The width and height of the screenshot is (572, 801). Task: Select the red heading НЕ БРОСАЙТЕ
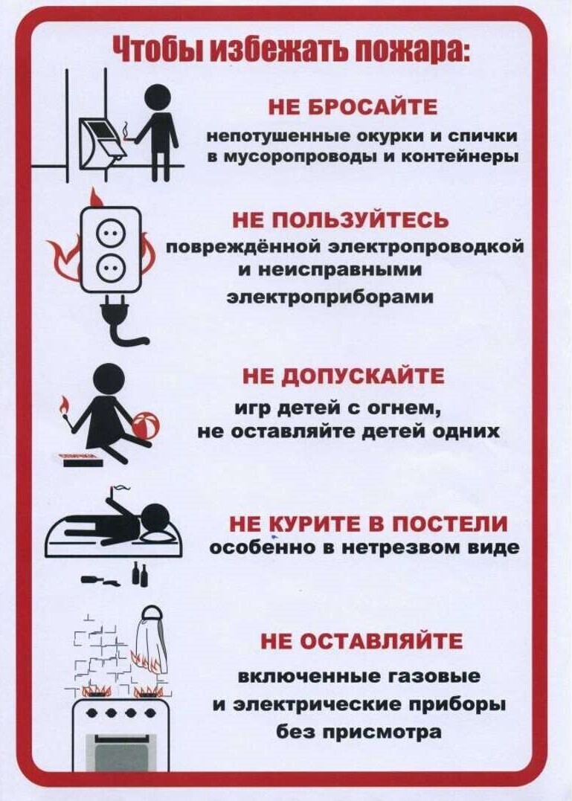coord(353,108)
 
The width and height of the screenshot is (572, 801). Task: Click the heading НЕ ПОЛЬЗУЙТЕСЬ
coord(341,220)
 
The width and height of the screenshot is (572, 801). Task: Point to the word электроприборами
coord(330,297)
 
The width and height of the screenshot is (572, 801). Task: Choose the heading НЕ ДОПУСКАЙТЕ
coord(343,376)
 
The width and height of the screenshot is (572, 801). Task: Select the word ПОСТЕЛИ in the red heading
coord(450,524)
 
